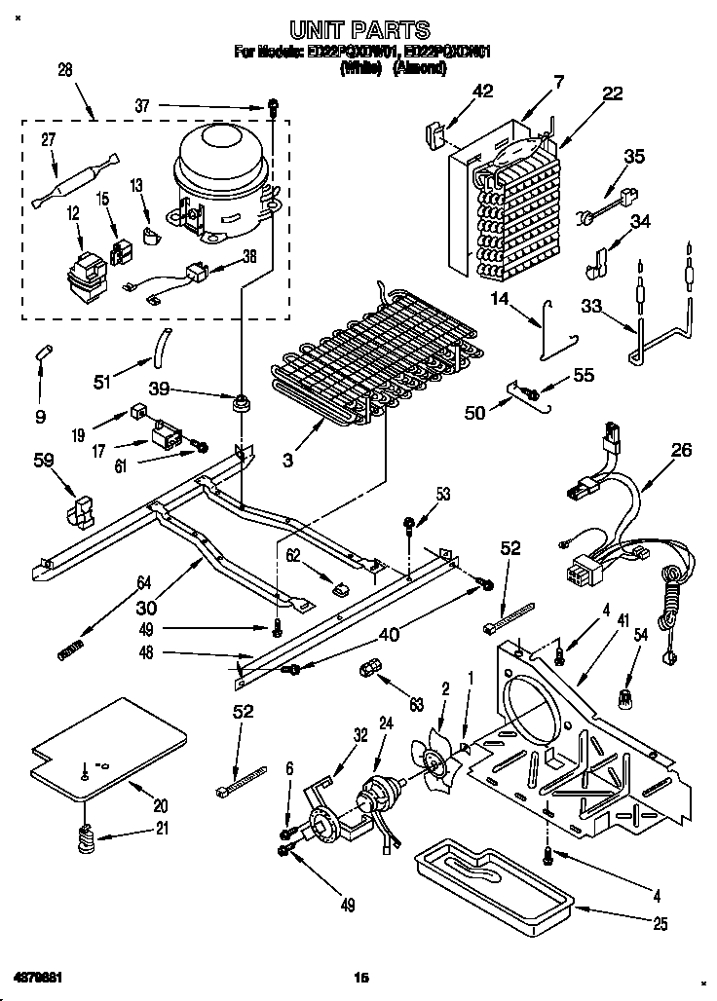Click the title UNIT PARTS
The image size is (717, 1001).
359,31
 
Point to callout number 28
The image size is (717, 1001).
65,69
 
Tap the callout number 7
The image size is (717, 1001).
557,83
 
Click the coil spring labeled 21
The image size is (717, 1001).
86,835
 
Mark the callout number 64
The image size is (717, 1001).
144,585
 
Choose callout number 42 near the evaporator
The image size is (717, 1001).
482,92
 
